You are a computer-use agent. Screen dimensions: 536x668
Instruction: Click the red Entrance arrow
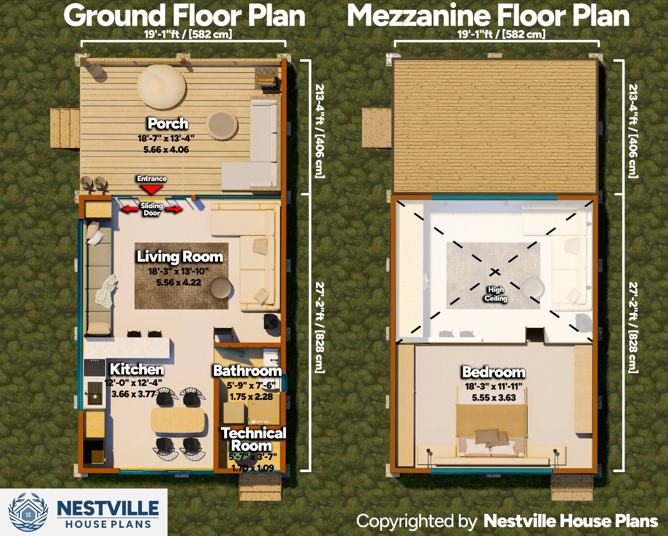(152, 189)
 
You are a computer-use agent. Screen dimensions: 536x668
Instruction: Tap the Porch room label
(168, 124)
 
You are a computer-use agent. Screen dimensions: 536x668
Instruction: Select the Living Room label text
(180, 257)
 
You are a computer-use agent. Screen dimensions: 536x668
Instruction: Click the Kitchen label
(137, 369)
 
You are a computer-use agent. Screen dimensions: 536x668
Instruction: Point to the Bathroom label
(247, 371)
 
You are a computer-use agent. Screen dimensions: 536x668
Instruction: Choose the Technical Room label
(253, 439)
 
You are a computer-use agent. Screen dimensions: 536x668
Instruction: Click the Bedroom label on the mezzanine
(493, 372)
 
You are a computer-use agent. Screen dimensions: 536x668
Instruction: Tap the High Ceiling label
(496, 294)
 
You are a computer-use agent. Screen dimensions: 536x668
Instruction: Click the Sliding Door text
(152, 209)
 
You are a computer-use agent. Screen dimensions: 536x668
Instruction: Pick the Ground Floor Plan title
(184, 16)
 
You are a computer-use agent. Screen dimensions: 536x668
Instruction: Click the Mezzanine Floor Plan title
(488, 16)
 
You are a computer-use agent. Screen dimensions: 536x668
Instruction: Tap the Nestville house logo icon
(28, 512)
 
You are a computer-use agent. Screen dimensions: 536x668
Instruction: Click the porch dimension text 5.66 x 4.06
(166, 150)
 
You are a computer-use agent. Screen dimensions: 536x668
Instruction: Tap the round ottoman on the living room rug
(221, 289)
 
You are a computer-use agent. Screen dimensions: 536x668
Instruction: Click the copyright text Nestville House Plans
(570, 521)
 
